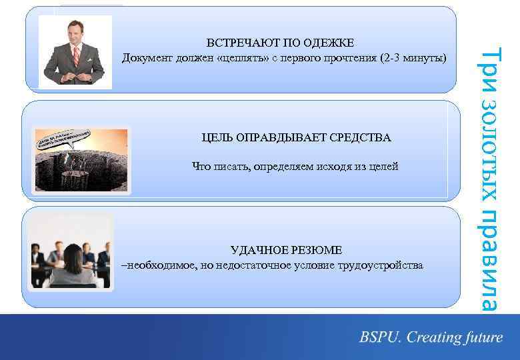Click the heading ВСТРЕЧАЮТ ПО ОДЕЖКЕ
tap(280, 44)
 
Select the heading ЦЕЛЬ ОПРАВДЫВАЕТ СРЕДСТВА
tap(296, 137)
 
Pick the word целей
tap(383, 166)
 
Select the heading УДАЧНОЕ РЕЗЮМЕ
tap(286, 250)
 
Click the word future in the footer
tap(480, 337)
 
